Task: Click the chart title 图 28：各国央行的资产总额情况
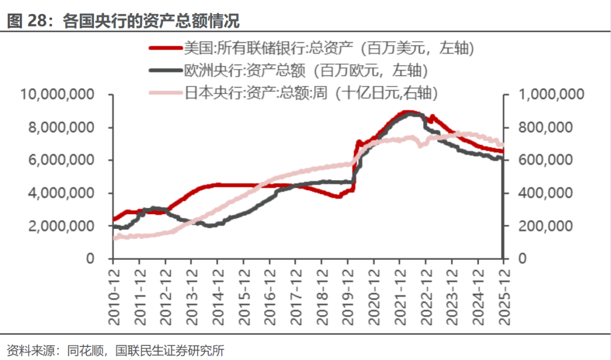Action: tap(123, 22)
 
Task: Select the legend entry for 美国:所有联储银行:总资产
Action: tap(328, 48)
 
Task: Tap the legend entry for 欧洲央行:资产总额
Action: tap(305, 70)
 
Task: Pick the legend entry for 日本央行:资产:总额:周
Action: tap(311, 93)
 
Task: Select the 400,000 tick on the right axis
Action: tap(545, 193)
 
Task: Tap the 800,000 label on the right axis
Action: tap(545, 127)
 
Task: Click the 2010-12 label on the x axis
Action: tap(114, 291)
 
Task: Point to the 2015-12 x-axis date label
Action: tap(244, 291)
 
